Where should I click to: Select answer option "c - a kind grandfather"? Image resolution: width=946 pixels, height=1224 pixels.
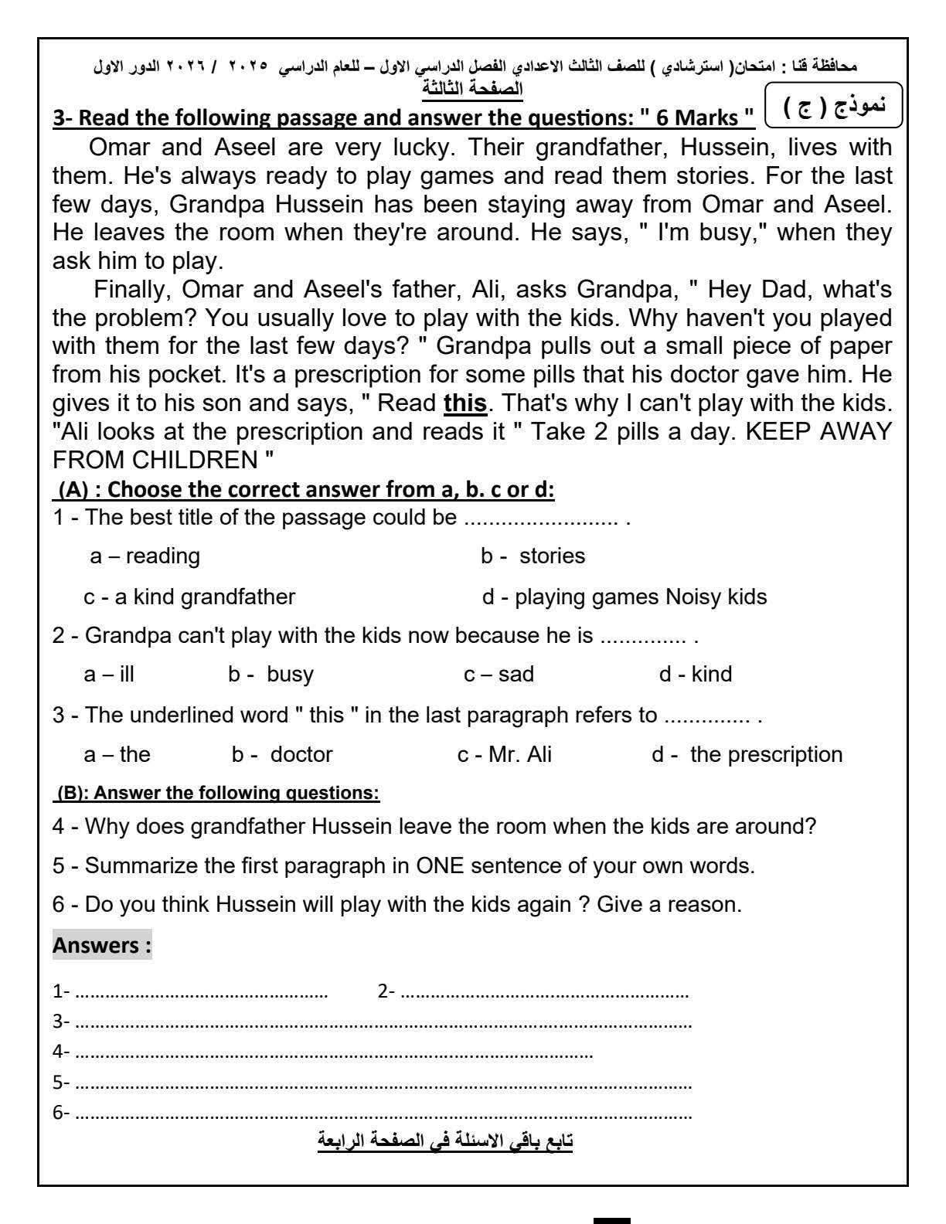tap(189, 597)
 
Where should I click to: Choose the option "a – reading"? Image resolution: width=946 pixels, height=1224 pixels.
tap(145, 556)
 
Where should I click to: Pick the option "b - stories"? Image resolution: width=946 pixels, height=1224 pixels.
tap(533, 556)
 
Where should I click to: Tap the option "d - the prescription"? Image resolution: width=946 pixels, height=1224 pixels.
tap(747, 754)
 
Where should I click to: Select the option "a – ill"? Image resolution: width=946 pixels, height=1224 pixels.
tap(109, 674)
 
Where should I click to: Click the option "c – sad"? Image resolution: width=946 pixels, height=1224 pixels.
tap(499, 674)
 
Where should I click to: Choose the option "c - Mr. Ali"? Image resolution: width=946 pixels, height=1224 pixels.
tap(505, 754)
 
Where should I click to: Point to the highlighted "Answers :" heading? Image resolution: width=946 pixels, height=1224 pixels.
tap(102, 945)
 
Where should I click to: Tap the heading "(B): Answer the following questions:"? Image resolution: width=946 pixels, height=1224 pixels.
tap(218, 793)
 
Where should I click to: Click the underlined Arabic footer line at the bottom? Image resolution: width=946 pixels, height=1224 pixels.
tap(445, 1141)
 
